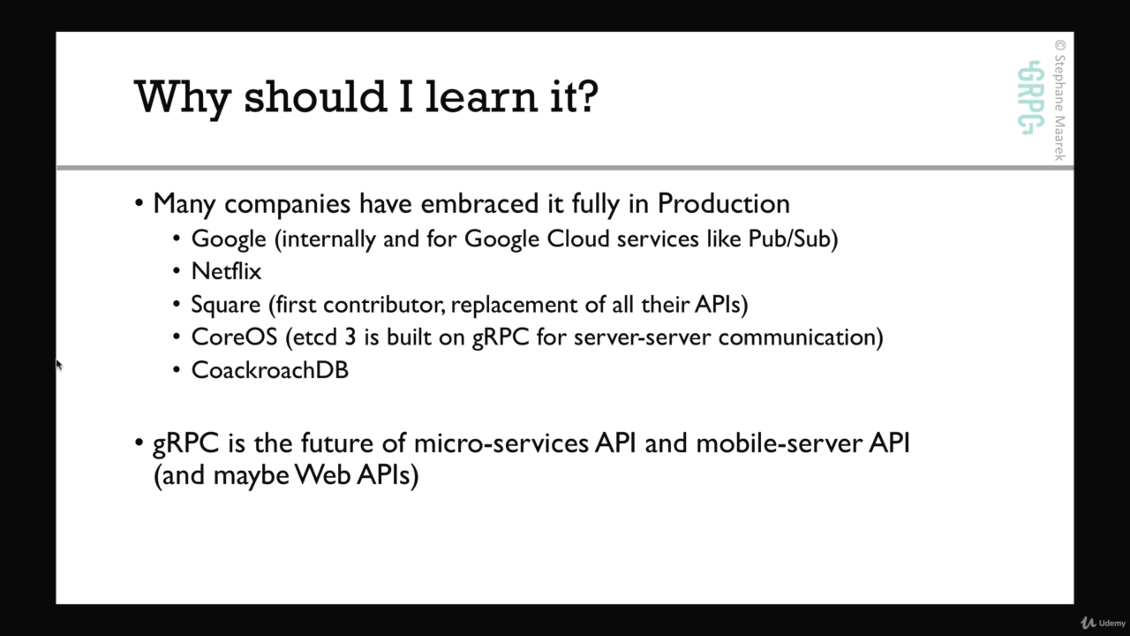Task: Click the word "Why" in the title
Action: click(x=183, y=98)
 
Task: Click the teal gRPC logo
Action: click(x=1030, y=98)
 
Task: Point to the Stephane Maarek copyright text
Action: click(x=1060, y=101)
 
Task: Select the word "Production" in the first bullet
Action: click(x=723, y=204)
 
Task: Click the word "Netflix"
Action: click(x=227, y=271)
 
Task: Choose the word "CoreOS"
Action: click(x=235, y=337)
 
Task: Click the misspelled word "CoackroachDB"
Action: click(x=270, y=370)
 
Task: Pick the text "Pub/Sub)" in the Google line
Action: click(x=793, y=238)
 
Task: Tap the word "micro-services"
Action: click(x=501, y=443)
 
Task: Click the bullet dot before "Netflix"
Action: click(x=177, y=271)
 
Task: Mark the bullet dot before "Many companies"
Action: click(x=139, y=203)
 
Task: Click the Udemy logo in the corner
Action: click(x=1103, y=623)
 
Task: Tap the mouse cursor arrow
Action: click(x=58, y=365)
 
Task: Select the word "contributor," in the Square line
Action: click(x=384, y=305)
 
